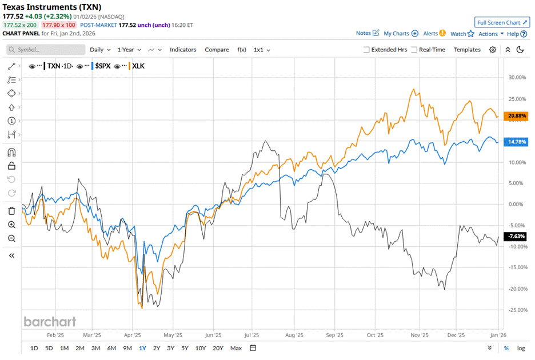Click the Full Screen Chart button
(x=501, y=22)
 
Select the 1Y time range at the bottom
(x=142, y=348)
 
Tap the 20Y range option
(x=218, y=348)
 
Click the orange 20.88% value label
(x=516, y=117)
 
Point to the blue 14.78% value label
(x=516, y=142)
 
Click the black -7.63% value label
(x=516, y=237)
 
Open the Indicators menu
(x=183, y=50)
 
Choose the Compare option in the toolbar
(x=217, y=50)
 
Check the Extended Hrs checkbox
(x=366, y=50)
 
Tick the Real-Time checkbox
(x=414, y=50)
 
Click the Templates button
(x=467, y=50)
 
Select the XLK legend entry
(x=138, y=66)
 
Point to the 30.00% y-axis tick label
(x=516, y=78)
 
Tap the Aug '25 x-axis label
(x=295, y=336)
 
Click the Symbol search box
(x=46, y=50)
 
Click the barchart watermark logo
(x=50, y=322)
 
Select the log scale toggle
(x=521, y=348)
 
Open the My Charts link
(x=401, y=34)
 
